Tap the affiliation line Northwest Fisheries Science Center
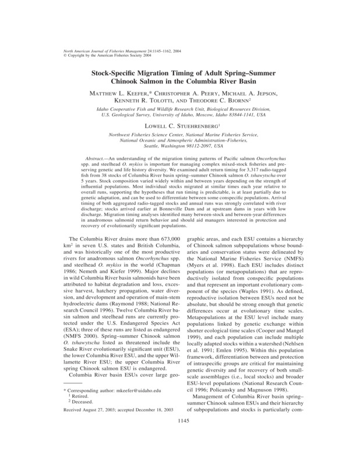tap(180, 136)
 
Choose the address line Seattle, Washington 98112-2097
tap(180, 146)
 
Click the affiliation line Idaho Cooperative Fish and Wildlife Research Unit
tap(180, 110)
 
